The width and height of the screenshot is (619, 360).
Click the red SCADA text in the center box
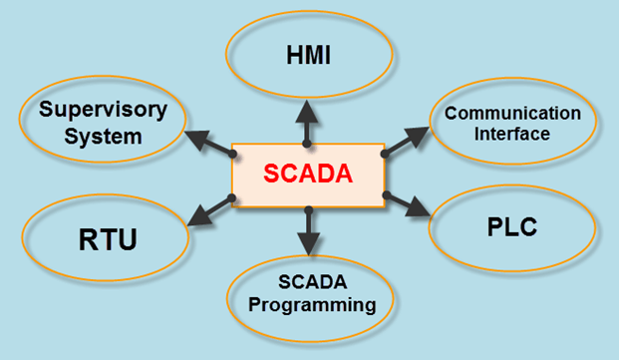(x=308, y=175)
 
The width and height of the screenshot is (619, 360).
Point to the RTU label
(x=107, y=240)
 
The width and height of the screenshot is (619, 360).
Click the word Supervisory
(x=103, y=109)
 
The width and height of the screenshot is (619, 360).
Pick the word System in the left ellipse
(x=103, y=136)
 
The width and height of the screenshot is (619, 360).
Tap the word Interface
(x=512, y=133)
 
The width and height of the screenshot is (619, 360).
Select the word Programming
(x=313, y=305)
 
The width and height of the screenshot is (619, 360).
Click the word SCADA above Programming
(x=313, y=281)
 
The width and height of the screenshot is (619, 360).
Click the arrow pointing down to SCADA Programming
(x=309, y=231)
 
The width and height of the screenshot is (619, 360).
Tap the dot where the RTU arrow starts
(x=231, y=198)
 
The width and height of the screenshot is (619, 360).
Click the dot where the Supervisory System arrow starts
(x=233, y=153)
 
